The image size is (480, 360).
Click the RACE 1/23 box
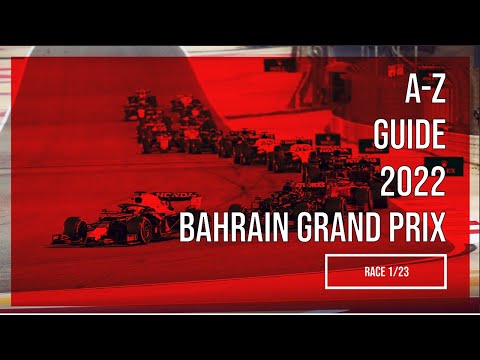click(x=385, y=270)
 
